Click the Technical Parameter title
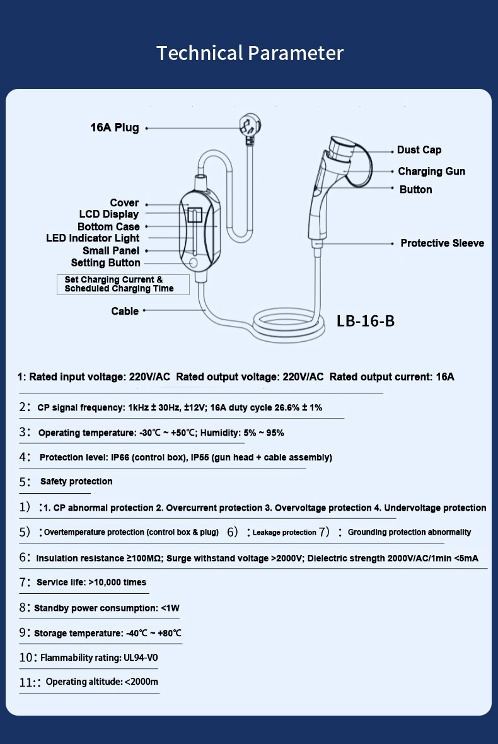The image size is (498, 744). [x=250, y=53]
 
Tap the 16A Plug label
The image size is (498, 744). [x=114, y=128]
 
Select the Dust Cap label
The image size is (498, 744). [x=419, y=150]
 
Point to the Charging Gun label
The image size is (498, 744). [x=431, y=171]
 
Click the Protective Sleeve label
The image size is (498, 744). [x=442, y=243]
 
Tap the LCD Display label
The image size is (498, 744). [x=108, y=214]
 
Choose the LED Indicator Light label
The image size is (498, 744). [x=93, y=238]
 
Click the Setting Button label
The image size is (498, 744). [x=105, y=263]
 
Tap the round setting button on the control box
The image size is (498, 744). [x=194, y=262]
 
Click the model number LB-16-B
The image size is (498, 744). [x=366, y=321]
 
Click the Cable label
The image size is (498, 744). [x=125, y=311]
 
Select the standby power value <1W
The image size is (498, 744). [x=170, y=608]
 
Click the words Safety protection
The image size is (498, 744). [x=76, y=482]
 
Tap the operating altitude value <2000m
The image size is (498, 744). [x=141, y=682]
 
